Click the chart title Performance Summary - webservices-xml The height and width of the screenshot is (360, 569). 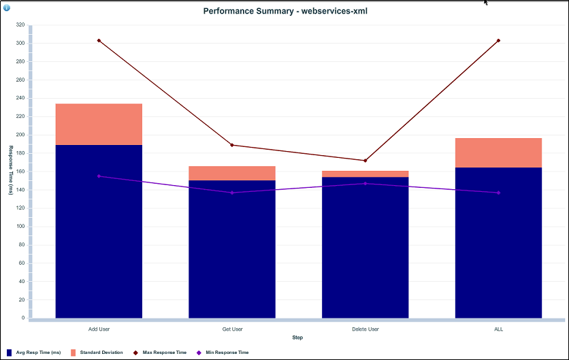285,11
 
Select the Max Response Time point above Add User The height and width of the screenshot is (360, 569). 99,41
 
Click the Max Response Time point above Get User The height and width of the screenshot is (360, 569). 232,145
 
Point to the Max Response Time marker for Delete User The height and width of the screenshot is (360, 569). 365,161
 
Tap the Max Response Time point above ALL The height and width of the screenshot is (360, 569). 498,41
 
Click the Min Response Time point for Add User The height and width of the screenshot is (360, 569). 99,176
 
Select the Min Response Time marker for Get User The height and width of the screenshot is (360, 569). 232,193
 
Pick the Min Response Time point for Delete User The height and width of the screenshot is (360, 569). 365,183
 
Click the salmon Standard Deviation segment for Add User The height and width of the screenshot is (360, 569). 99,125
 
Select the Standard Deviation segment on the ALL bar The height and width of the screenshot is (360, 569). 498,153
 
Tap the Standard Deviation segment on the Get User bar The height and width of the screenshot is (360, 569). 232,173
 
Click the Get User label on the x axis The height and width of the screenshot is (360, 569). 232,329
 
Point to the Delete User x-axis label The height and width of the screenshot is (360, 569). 365,329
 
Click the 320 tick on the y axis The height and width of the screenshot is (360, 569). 20,24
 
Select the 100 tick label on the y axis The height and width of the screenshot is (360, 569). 20,227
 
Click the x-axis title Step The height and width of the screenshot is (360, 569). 297,338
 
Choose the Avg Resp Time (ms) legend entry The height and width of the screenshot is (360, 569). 38,353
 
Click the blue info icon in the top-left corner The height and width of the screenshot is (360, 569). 7,7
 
